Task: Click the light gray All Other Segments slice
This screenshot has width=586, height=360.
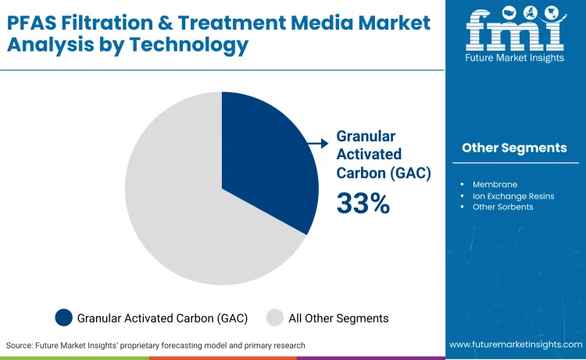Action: pos(180,211)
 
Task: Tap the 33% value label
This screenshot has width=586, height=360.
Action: pos(363,203)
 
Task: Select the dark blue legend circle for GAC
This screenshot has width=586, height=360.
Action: pos(64,318)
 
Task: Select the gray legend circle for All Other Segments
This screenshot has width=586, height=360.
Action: pos(274,318)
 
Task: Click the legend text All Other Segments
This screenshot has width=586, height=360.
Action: pos(338,318)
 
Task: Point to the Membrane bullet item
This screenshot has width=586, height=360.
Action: pos(495,184)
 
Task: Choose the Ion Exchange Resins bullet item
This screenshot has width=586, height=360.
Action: pos(513,196)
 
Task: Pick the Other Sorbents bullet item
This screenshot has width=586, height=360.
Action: pos(502,207)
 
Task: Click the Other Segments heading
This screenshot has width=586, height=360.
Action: pos(514,148)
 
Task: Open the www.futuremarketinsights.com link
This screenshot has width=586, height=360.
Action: pos(515,344)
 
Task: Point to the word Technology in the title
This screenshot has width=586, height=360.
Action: pos(187,45)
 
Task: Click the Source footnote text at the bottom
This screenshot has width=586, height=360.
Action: pos(155,345)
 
